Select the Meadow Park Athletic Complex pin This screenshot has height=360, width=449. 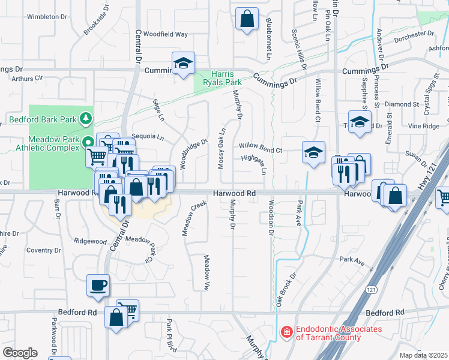pyautogui.click(x=88, y=143)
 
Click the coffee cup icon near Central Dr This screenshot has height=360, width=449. pyautogui.click(x=98, y=286)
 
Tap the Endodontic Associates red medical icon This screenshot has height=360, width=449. pyautogui.click(x=287, y=331)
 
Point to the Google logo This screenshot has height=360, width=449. pyautogui.click(x=20, y=352)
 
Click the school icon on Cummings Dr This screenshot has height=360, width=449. pyautogui.click(x=182, y=63)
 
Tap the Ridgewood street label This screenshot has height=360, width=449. pyautogui.click(x=90, y=241)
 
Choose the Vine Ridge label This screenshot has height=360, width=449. pyautogui.click(x=424, y=126)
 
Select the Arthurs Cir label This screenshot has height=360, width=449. pyautogui.click(x=28, y=78)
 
